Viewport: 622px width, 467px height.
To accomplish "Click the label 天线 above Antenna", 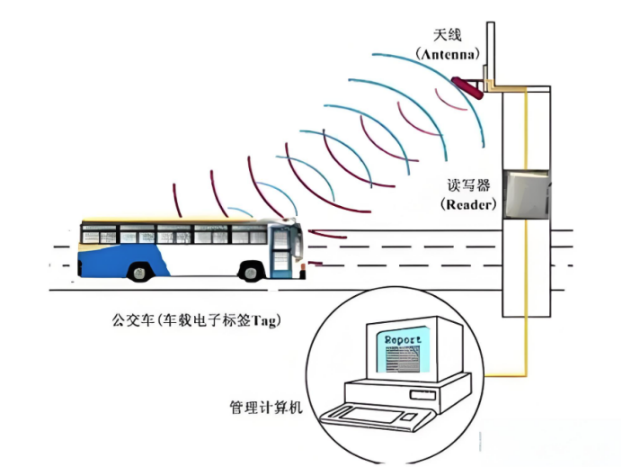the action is point(447,35).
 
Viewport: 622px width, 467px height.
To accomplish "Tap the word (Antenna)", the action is point(448,54).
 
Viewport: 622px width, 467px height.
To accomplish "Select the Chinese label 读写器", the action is point(468,185).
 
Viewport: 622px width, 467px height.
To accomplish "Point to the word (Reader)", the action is point(468,204).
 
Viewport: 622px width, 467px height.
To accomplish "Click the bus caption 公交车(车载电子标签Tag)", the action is point(196,319).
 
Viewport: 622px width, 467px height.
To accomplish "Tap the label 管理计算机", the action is point(266,408).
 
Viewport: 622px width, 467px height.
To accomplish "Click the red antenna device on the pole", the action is point(467,88).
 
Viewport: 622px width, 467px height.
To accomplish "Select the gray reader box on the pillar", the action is point(527,194).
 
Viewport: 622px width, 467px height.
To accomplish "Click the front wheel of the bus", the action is point(251,272).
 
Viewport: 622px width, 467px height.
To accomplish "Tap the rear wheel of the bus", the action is point(138,272).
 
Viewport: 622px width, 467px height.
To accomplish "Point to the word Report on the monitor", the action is point(403,340).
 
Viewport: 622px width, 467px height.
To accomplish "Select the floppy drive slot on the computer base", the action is point(422,395).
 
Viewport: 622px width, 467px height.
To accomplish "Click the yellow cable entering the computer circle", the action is point(506,374).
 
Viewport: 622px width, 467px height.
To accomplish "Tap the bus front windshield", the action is point(298,241).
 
